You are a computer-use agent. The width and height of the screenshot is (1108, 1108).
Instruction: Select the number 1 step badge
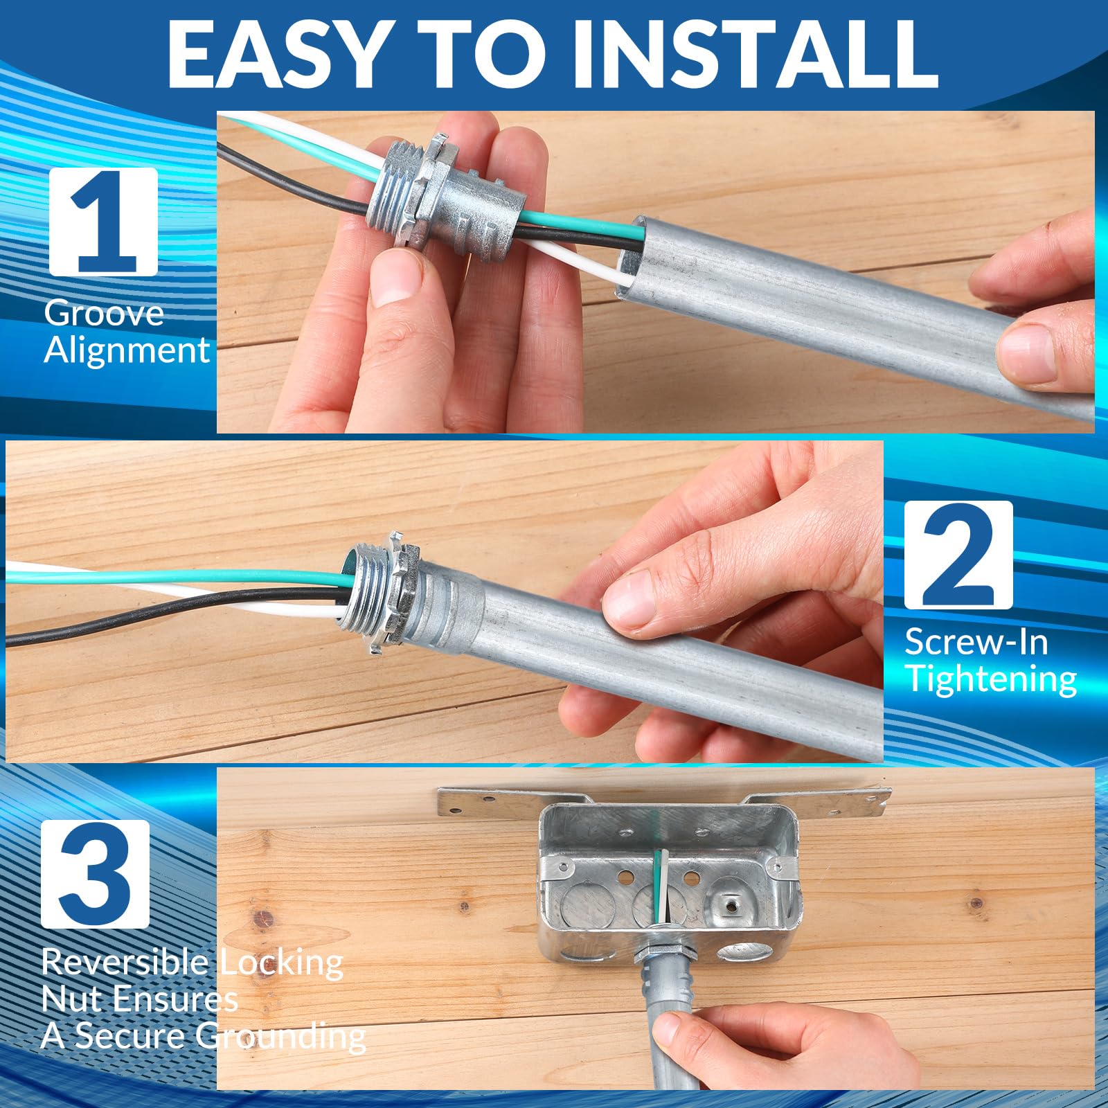pyautogui.click(x=103, y=222)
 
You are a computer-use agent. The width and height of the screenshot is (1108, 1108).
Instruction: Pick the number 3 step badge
pyautogui.click(x=95, y=874)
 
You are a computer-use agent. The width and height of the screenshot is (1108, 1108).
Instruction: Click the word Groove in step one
pyautogui.click(x=104, y=314)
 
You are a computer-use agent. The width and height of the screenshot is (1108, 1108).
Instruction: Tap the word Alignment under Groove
pyautogui.click(x=127, y=350)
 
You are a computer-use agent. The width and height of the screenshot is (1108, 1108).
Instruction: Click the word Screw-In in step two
pyautogui.click(x=976, y=642)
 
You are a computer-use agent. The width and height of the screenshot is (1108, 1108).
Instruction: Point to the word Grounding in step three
pyautogui.click(x=280, y=1037)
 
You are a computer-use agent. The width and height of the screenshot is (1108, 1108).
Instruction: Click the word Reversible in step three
pyautogui.click(x=125, y=962)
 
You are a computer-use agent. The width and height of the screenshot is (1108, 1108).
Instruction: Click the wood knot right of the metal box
pyautogui.click(x=977, y=904)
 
